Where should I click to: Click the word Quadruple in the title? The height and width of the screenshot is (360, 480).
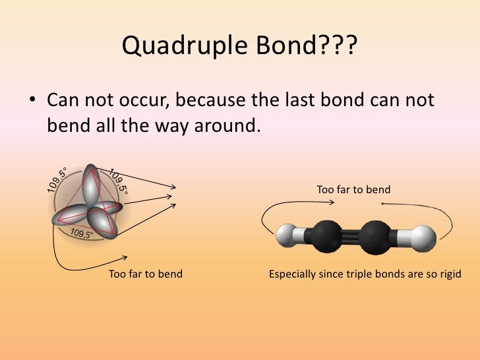coord(172,45)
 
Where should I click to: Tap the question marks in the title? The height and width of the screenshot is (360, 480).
coord(338,45)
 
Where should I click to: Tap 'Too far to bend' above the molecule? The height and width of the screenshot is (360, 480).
coord(353,190)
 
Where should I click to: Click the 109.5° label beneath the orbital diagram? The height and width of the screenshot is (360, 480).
coord(82,233)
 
